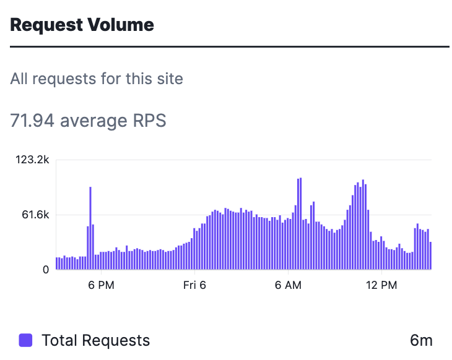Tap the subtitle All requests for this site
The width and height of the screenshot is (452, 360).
point(97,79)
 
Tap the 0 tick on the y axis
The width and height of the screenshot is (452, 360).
point(46,270)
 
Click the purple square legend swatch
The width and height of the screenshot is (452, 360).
point(25,340)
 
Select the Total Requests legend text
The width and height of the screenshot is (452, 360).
point(96,340)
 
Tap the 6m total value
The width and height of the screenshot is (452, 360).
point(421,340)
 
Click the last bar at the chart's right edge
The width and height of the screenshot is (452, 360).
point(430,256)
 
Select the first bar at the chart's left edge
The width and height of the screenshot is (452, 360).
point(57,264)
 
